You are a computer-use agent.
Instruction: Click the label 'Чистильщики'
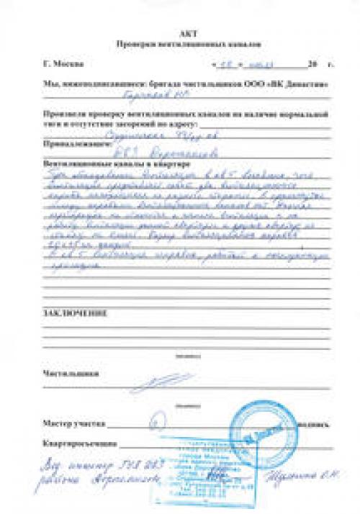click(x=70, y=374)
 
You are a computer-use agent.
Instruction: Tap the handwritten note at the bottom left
click(x=94, y=472)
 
